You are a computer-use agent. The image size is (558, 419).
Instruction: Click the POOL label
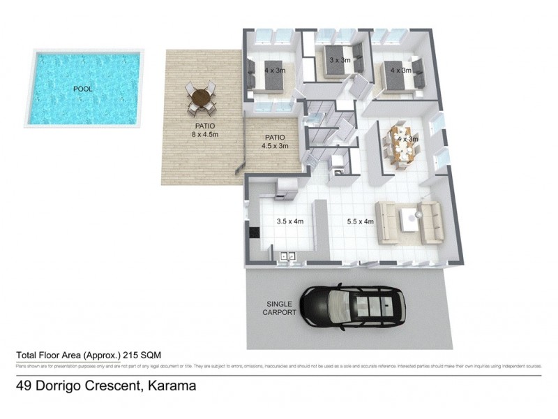point(83,89)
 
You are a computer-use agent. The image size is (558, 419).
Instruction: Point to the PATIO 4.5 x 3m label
point(274,142)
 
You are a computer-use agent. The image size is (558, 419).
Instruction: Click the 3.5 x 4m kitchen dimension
point(291,222)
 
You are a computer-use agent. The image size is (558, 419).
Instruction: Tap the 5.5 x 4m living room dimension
point(361,222)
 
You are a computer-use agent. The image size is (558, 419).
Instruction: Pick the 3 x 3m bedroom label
point(340,61)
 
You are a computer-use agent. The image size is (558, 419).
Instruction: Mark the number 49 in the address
point(25,385)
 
